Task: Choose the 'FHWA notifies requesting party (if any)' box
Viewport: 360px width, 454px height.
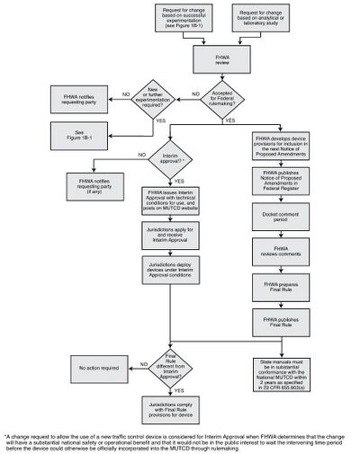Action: (91, 184)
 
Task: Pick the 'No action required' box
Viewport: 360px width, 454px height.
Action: (91, 365)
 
